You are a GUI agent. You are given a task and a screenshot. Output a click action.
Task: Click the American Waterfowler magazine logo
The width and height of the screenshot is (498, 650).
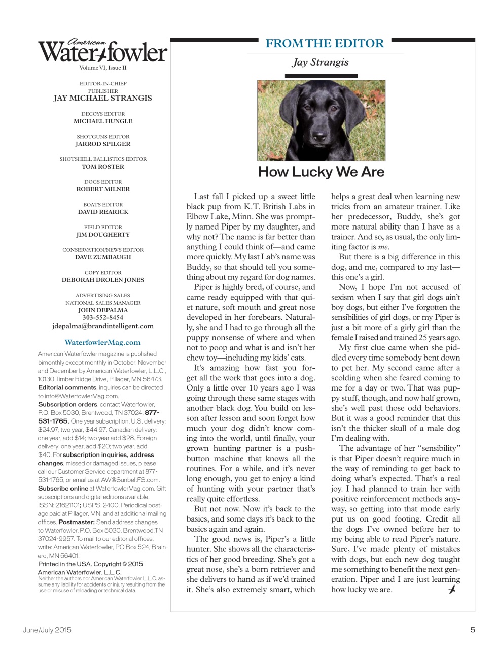tap(103, 51)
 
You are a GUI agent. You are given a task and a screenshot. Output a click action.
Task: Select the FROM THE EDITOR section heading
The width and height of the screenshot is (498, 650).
tap(325, 44)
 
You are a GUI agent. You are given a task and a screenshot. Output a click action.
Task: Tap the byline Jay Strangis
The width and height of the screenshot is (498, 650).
tap(320, 62)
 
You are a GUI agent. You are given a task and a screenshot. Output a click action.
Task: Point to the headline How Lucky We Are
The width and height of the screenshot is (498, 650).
tap(321, 172)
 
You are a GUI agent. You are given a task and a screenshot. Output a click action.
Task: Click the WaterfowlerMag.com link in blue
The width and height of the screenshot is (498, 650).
tap(103, 342)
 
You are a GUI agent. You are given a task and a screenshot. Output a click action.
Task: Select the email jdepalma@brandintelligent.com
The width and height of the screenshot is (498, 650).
tap(103, 326)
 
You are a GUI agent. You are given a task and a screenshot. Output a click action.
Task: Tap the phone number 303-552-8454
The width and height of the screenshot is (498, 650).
tap(103, 318)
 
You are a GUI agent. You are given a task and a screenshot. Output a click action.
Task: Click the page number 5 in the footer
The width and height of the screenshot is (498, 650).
tap(472, 630)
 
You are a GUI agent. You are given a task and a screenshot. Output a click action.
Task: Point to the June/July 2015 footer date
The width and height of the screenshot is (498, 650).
tap(47, 630)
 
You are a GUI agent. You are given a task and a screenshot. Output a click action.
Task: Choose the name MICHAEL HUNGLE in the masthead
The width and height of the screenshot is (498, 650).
tap(103, 121)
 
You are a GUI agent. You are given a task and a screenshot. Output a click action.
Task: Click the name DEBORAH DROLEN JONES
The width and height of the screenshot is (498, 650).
tap(103, 280)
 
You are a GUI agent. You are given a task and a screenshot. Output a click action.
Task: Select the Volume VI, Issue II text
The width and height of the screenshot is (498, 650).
tap(103, 68)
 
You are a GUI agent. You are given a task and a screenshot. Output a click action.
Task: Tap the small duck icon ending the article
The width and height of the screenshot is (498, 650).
tap(452, 589)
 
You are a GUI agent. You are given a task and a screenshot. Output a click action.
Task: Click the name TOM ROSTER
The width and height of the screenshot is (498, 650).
tap(103, 167)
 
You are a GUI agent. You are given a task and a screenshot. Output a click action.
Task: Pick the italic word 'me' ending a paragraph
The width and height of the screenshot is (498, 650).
tap(383, 247)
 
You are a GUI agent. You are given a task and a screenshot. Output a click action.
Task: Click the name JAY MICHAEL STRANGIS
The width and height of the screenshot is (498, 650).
tap(103, 99)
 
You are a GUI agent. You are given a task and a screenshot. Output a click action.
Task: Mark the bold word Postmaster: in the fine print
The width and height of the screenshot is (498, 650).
tap(77, 522)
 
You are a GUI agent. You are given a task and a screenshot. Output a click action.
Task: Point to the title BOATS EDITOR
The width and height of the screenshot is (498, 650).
tap(103, 205)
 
